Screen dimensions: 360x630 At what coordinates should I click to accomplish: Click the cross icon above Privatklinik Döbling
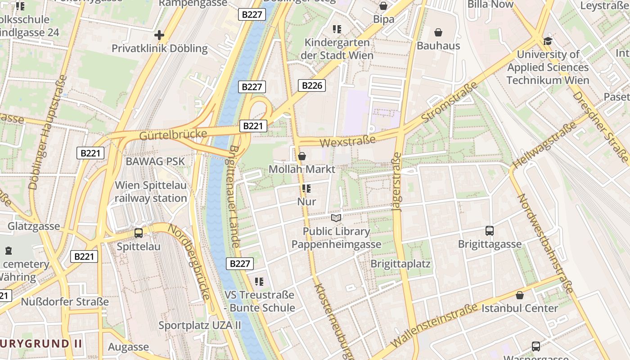(x=159, y=35)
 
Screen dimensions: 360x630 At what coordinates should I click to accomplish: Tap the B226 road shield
(x=311, y=85)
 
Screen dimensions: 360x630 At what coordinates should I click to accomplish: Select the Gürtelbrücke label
(x=173, y=134)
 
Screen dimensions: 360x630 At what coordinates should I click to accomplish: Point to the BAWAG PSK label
(x=155, y=161)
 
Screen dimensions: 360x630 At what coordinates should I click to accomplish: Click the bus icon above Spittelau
(x=139, y=233)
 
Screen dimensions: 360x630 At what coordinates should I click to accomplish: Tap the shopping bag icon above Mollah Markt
(x=302, y=156)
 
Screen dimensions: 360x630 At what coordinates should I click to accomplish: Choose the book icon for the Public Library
(x=336, y=218)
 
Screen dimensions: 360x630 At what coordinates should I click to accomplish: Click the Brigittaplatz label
(x=400, y=264)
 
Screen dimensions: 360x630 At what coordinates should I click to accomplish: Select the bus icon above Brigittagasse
(x=490, y=231)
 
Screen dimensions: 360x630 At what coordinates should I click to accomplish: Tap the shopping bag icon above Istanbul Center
(x=520, y=295)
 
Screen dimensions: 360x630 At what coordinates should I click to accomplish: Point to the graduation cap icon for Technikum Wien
(x=548, y=41)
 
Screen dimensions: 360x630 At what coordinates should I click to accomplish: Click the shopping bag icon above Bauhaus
(x=438, y=32)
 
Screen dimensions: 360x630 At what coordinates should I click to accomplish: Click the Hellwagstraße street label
(x=544, y=145)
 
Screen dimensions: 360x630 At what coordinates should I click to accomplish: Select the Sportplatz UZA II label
(x=200, y=325)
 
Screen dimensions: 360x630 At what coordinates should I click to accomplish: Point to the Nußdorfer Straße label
(x=65, y=301)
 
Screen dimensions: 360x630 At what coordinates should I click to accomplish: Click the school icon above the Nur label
(x=306, y=189)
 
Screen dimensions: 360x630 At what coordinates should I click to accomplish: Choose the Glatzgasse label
(x=34, y=226)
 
